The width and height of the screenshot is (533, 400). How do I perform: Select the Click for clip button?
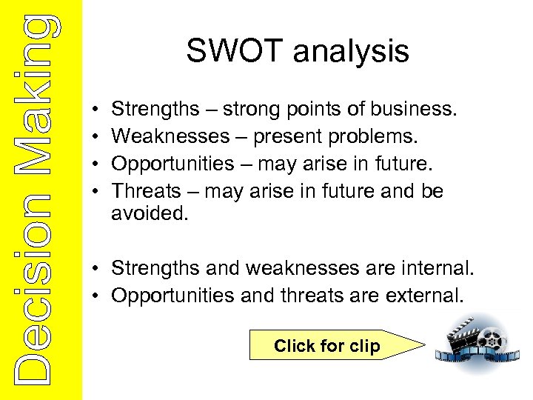326,346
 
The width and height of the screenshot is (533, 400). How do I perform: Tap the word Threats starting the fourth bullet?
146,191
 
